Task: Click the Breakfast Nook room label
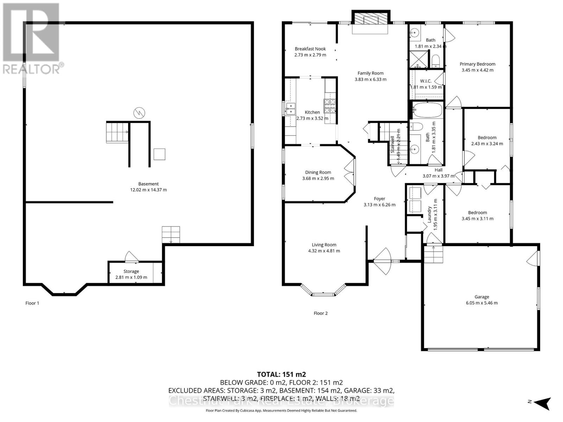coord(310,49)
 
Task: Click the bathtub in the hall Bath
coord(427,110)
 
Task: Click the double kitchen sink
coord(291,108)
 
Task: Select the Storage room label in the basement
coord(131,271)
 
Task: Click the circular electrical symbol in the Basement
coord(139,113)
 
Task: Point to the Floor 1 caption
coord(32,303)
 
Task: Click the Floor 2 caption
coord(321,313)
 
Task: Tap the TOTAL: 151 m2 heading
coord(279,374)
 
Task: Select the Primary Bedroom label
coord(477,64)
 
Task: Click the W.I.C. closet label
coord(425,81)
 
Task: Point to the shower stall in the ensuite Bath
coord(419,59)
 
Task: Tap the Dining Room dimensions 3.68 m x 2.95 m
coord(318,178)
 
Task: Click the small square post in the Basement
coord(159,154)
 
